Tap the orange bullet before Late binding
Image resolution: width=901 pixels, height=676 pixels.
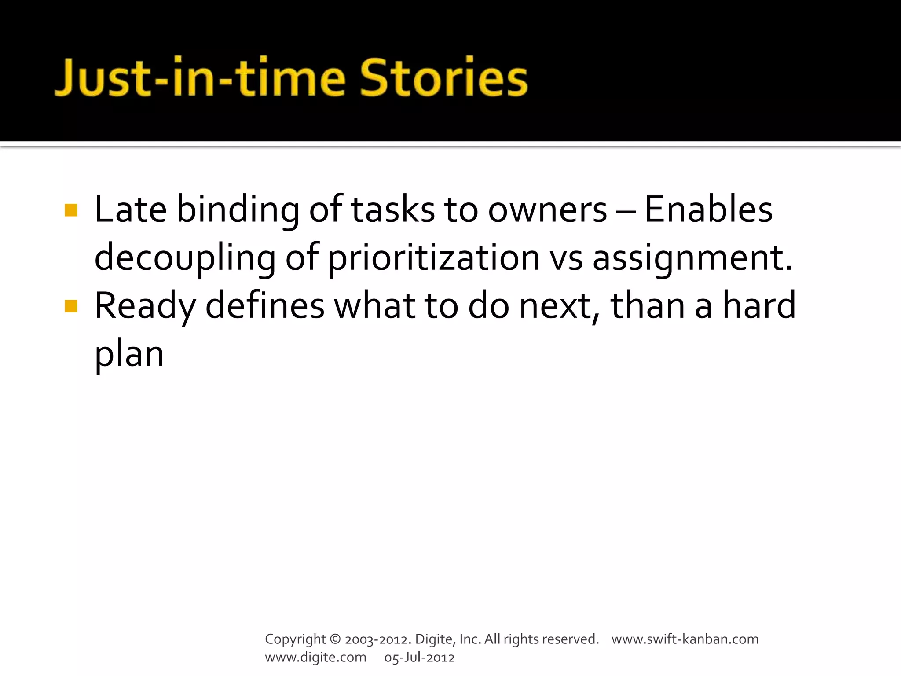71,210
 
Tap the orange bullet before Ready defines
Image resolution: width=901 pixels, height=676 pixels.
71,306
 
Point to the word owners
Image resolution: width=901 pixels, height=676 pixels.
547,210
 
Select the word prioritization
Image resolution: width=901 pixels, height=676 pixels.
434,258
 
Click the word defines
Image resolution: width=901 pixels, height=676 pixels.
265,305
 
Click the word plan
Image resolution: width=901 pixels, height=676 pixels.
129,355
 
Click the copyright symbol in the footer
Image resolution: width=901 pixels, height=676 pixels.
335,639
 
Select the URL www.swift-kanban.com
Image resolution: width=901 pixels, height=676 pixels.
685,639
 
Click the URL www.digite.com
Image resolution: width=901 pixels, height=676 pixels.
315,657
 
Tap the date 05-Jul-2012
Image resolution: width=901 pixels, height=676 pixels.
419,657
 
